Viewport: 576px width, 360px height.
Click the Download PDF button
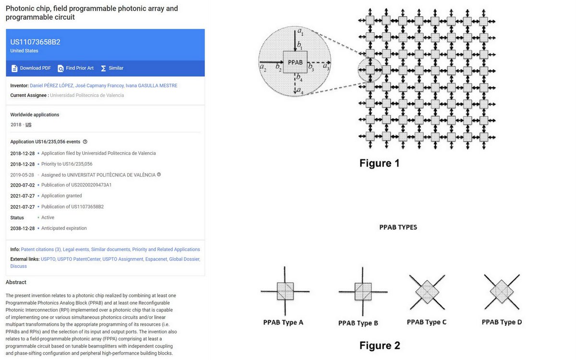(x=31, y=68)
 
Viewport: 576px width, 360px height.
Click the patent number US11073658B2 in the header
(x=36, y=42)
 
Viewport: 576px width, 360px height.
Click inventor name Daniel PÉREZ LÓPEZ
(x=51, y=85)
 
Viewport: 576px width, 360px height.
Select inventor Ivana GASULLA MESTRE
(x=151, y=85)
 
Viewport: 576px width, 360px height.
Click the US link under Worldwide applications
(x=28, y=125)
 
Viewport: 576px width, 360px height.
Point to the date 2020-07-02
(x=23, y=185)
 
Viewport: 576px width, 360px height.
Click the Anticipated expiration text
(x=64, y=228)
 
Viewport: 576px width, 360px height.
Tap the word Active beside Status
(x=48, y=217)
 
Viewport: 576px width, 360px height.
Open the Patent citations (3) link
(x=41, y=250)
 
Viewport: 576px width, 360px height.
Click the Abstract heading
(x=16, y=282)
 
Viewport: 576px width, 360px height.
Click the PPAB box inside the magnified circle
(x=295, y=63)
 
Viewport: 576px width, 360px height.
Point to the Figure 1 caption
(x=379, y=163)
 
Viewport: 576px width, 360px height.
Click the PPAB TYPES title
(x=398, y=228)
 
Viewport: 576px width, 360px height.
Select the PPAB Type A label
(x=283, y=323)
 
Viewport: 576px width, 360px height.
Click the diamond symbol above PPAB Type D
(x=502, y=291)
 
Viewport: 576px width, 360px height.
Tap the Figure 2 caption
(x=379, y=345)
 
